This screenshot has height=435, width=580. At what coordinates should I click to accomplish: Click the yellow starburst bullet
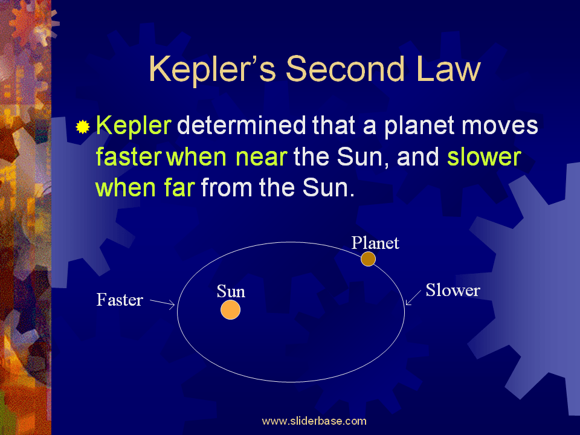click(x=83, y=127)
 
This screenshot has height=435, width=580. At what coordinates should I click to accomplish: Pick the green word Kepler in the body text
click(x=134, y=126)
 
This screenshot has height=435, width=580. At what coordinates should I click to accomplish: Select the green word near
click(x=258, y=157)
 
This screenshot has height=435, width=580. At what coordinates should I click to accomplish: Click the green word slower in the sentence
click(x=483, y=157)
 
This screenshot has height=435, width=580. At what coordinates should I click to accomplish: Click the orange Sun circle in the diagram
click(x=230, y=309)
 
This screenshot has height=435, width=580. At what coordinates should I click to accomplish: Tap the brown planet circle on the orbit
click(x=369, y=259)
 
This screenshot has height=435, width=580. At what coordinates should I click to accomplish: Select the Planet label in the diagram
click(x=375, y=243)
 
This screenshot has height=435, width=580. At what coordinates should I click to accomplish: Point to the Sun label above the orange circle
click(x=231, y=292)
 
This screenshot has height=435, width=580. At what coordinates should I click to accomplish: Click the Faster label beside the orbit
click(x=120, y=300)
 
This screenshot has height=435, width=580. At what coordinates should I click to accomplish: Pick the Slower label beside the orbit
click(x=453, y=290)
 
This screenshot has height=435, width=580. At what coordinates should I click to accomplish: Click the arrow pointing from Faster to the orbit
click(x=162, y=303)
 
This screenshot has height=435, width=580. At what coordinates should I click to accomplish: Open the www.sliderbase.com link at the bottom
click(x=314, y=421)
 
